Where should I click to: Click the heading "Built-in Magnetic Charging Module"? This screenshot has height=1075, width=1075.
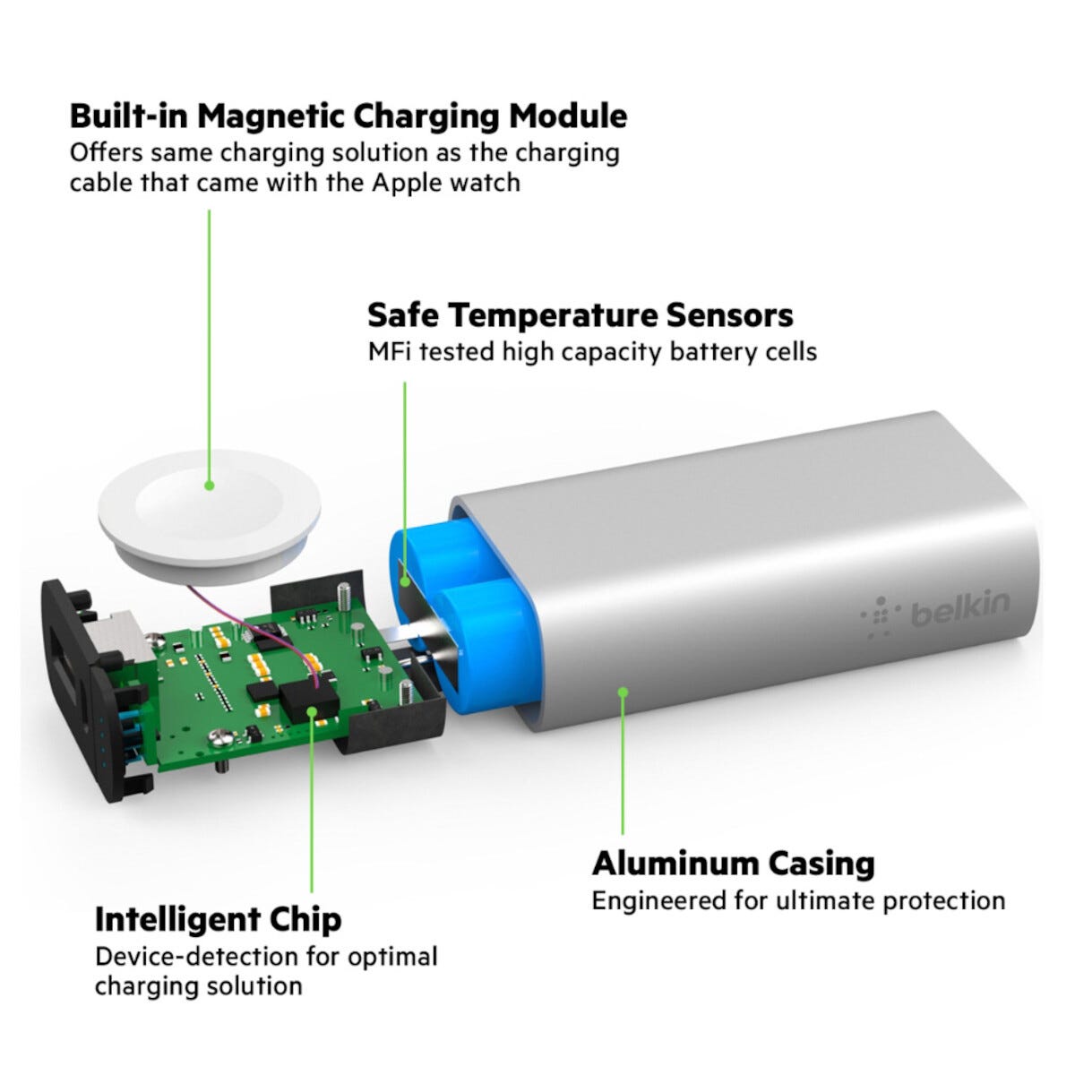(x=348, y=117)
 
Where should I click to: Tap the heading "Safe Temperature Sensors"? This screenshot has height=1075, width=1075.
(x=580, y=315)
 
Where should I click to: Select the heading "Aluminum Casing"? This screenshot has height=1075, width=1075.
(x=733, y=864)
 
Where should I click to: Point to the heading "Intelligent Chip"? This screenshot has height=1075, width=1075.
(x=218, y=921)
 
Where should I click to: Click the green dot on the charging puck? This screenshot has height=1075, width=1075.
(x=210, y=486)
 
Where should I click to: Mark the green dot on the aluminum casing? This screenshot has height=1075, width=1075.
(x=623, y=692)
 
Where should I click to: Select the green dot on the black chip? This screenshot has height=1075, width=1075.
(x=312, y=710)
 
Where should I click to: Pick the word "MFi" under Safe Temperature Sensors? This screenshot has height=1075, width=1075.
(x=390, y=352)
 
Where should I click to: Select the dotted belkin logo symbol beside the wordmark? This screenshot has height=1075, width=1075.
(x=881, y=617)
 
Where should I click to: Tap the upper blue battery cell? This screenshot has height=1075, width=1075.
(x=441, y=553)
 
